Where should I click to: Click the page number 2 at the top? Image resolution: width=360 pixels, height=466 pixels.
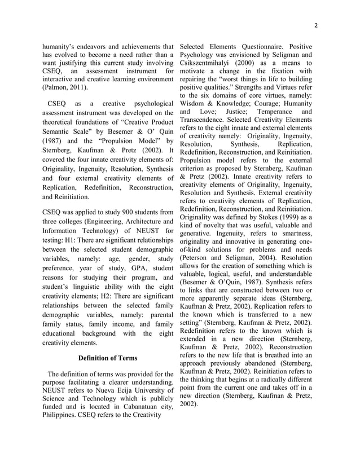tap(316, 25)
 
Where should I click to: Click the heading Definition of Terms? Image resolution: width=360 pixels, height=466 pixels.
tap(107, 357)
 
